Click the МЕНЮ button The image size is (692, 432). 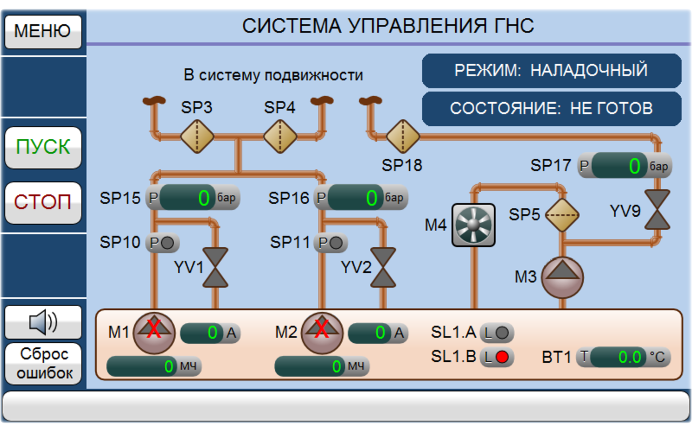43,31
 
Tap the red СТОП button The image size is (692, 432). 43,202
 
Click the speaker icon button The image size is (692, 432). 43,322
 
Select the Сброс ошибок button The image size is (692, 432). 43,363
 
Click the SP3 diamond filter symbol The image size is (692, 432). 197,136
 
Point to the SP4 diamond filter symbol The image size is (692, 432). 280,136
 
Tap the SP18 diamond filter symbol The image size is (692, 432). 403,137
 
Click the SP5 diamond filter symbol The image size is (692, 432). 562,215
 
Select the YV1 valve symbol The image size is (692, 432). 216,267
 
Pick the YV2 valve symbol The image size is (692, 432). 384,267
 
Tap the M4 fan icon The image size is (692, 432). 473,225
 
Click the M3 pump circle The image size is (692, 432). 562,277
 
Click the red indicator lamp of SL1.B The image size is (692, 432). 503,357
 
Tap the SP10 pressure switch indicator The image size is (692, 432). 168,243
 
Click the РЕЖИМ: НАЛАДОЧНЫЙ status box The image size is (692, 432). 551,71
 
